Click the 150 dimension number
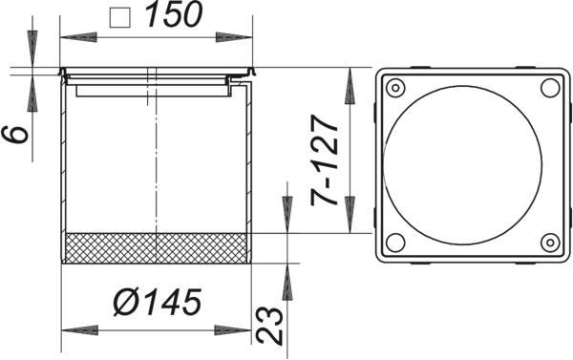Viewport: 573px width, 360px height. (x=174, y=14)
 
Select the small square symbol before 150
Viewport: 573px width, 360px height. (x=120, y=18)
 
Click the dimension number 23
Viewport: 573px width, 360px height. (x=269, y=326)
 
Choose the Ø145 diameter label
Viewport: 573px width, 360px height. (x=158, y=302)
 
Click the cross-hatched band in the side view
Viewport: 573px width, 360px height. (x=156, y=248)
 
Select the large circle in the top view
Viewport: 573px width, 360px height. (x=462, y=165)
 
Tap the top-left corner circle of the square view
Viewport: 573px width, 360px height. (x=395, y=88)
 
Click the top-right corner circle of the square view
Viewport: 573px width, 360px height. (x=550, y=88)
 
